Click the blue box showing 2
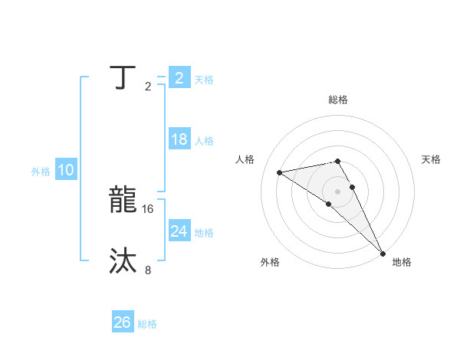pos(179,77)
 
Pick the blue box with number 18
pos(179,139)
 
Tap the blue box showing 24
pos(179,231)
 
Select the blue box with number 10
pos(65,171)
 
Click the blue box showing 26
pos(122,322)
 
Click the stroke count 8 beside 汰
pos(148,270)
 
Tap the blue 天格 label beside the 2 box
pos(204,79)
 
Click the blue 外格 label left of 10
pos(41,172)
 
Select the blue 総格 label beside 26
pos(147,324)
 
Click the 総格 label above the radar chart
pos(338,100)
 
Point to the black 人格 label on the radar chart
pos(245,159)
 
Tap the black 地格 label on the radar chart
pos(402,262)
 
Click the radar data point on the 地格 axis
pos(383,252)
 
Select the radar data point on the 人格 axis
pos(280,172)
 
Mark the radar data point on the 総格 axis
pos(337,161)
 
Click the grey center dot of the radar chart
pos(337,191)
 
